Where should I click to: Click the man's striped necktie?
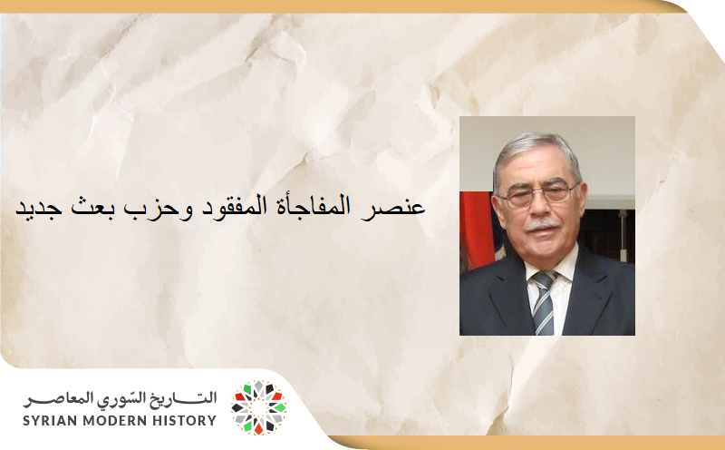pos(544,299)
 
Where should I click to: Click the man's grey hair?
pos(535,150)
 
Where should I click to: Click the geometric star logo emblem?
pos(258,407)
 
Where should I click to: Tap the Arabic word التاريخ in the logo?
pos(187,398)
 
